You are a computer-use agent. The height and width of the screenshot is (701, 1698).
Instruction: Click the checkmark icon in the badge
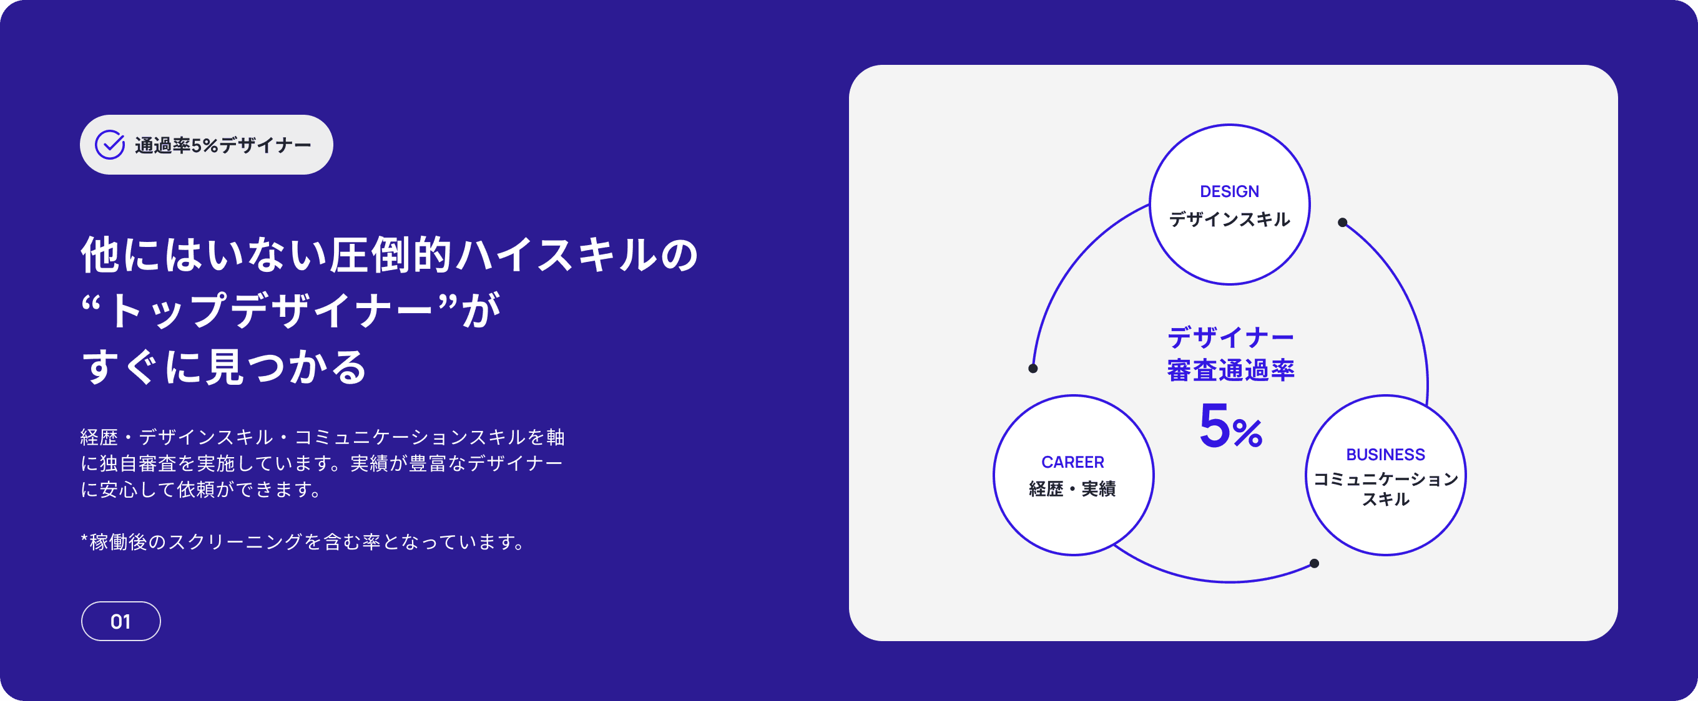point(109,145)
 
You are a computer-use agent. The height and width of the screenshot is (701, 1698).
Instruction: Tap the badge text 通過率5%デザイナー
point(223,145)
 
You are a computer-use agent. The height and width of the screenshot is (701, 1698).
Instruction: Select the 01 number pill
point(120,621)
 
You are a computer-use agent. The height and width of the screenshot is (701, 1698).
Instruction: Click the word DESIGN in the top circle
point(1229,191)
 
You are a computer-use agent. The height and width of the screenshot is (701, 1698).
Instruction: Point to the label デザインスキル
point(1229,220)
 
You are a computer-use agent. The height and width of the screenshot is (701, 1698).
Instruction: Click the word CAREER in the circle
point(1072,463)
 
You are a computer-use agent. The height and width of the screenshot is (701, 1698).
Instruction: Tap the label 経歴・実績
point(1072,489)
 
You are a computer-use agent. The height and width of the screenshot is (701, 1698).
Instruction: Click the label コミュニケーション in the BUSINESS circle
point(1386,479)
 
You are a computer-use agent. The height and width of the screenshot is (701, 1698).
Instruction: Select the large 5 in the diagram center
point(1214,426)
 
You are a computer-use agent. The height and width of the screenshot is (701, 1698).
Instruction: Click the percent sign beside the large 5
point(1247,433)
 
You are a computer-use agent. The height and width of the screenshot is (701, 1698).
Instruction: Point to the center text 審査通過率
point(1230,371)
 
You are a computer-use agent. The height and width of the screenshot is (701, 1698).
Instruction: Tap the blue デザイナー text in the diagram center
point(1230,338)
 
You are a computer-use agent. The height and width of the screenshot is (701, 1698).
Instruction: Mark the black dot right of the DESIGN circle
point(1343,223)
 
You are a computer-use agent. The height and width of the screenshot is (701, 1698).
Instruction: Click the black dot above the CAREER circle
point(1033,369)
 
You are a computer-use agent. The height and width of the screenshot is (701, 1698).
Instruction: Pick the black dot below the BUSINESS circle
point(1314,563)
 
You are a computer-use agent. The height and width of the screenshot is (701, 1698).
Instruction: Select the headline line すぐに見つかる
point(224,367)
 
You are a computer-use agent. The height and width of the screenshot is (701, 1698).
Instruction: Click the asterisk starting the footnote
point(84,540)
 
